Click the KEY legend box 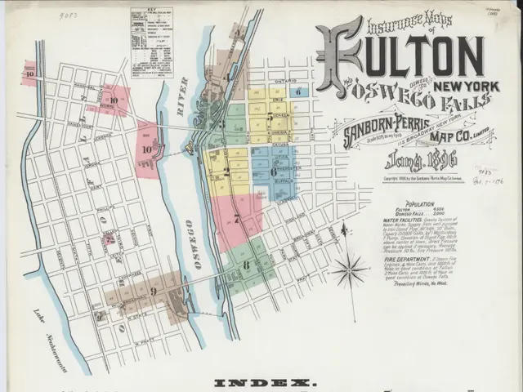(151, 42)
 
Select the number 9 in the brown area (153, 291)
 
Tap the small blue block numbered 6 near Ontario (299, 92)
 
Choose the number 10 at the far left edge (29, 73)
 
